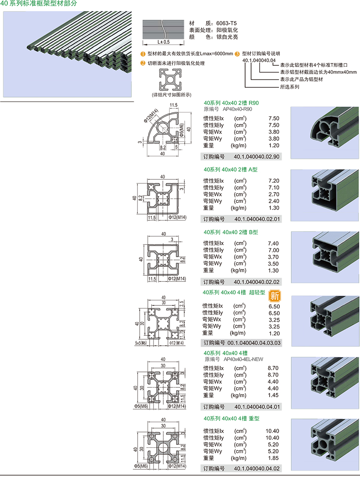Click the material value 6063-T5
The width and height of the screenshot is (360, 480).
pyautogui.click(x=227, y=23)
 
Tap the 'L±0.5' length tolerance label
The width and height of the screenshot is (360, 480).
pyautogui.click(x=164, y=42)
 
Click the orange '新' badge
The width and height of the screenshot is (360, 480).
pyautogui.click(x=274, y=296)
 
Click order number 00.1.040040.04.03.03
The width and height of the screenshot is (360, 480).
pyautogui.click(x=254, y=343)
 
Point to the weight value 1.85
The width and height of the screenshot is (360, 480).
pyautogui.click(x=273, y=458)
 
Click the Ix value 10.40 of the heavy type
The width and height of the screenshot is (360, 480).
pyautogui.click(x=272, y=431)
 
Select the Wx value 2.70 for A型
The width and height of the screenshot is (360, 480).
pyautogui.click(x=273, y=194)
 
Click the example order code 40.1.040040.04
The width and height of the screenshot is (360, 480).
pyautogui.click(x=259, y=60)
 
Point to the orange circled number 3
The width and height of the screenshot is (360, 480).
pyautogui.click(x=237, y=54)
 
